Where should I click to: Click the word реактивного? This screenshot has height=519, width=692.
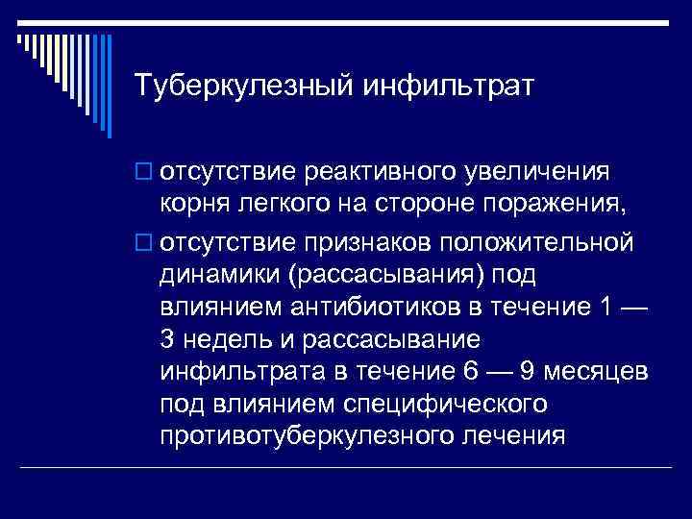[371, 173]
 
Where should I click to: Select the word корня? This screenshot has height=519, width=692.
[193, 206]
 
